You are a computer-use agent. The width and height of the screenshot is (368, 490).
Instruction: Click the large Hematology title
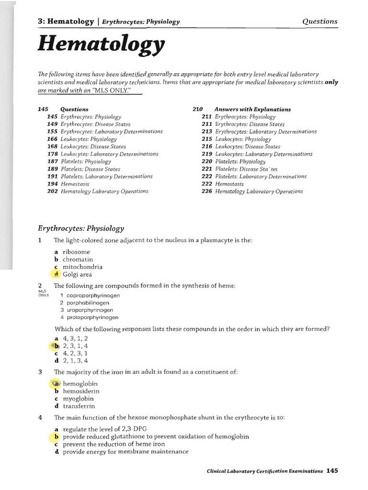tap(101, 46)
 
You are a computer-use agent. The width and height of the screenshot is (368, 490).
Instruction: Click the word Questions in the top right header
tap(320, 22)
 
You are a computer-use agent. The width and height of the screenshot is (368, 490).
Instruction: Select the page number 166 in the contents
tap(52, 139)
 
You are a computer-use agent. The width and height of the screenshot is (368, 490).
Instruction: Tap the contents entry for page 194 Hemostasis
tap(72, 184)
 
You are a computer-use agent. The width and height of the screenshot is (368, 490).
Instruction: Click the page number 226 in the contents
tap(207, 191)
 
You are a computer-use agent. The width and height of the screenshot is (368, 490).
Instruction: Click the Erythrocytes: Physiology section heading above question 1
tap(80, 229)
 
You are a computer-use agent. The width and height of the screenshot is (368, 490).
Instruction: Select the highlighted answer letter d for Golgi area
tap(57, 275)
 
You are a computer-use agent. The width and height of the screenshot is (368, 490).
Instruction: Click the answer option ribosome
tap(76, 252)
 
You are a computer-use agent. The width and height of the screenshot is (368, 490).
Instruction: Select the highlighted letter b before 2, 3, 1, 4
tap(57, 346)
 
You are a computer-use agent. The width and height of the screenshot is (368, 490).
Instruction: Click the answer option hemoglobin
tap(80, 384)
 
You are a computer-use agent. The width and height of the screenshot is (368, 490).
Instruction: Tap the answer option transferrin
tap(79, 406)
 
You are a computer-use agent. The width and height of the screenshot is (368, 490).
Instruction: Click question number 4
tap(40, 418)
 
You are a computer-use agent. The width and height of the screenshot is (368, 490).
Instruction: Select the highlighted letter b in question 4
tap(57, 437)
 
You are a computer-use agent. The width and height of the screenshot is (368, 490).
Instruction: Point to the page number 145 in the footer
tap(332, 471)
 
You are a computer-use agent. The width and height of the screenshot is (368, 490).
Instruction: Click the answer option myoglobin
tap(78, 399)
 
